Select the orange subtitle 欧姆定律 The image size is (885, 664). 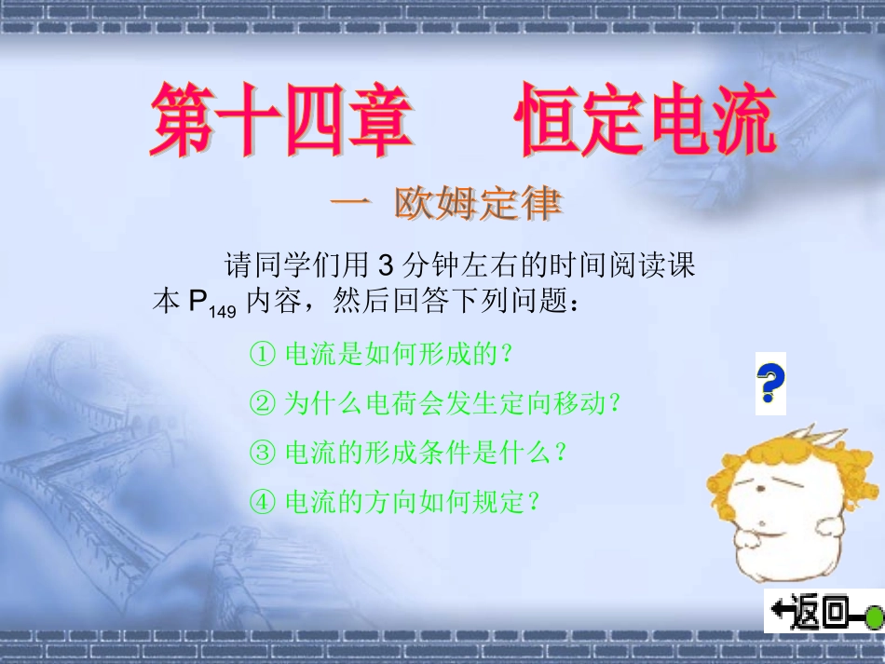point(478,204)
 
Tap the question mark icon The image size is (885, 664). point(770,383)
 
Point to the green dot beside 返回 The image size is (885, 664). point(874,616)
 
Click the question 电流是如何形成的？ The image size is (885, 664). point(399,354)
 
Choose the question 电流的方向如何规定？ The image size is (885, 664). point(412,502)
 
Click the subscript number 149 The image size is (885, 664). point(223,312)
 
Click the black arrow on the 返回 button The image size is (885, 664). point(781,613)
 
